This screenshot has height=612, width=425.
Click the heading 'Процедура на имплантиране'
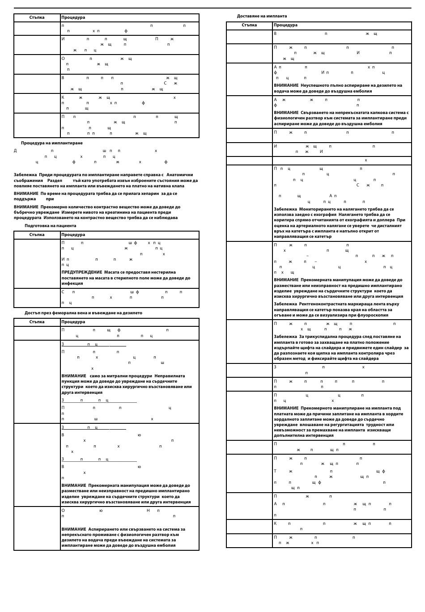pyautogui.click(x=51, y=143)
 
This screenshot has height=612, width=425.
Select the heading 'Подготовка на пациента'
pyautogui.click(x=50, y=226)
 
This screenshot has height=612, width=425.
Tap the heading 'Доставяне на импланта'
pyautogui.click(x=262, y=16)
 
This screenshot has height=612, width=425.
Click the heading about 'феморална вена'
pyautogui.click(x=83, y=313)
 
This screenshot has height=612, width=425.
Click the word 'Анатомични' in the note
pyautogui.click(x=180, y=175)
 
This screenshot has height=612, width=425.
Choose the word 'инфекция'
pyautogui.click(x=72, y=283)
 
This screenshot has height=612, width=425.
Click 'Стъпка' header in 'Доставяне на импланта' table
pyautogui.click(x=249, y=25)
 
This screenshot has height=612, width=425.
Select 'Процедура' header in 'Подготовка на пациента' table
pyautogui.click(x=73, y=235)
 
